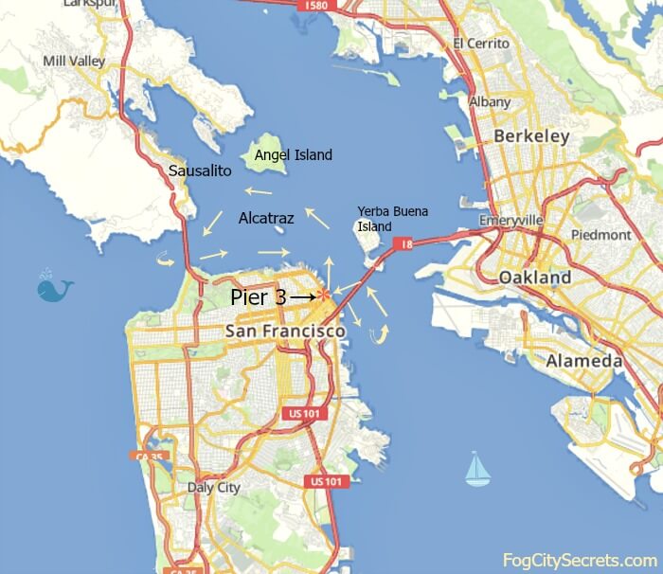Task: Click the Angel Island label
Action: pos(294,154)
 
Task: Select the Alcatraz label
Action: pos(266,218)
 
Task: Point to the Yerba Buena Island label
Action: pos(384,219)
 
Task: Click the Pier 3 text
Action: pos(259,296)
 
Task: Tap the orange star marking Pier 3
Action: pos(325,296)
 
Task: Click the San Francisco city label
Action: pos(285,332)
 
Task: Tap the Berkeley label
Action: pos(531,136)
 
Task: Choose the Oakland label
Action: pos(535,278)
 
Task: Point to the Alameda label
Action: pos(583,361)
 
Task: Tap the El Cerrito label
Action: pos(482,44)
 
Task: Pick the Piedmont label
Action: pos(601,234)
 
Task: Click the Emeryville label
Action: pos(511,220)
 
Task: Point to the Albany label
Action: pos(490,101)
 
